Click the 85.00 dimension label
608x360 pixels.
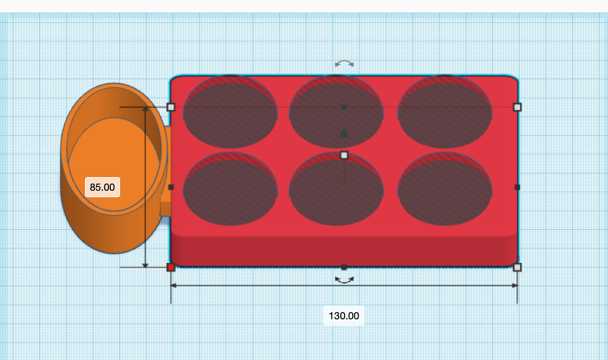point(103,187)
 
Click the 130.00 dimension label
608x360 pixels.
point(344,316)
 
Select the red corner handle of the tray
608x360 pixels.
point(171,267)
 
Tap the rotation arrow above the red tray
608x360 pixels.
point(344,64)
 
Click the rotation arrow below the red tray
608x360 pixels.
point(344,280)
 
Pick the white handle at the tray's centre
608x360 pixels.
point(344,155)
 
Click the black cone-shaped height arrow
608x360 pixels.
point(344,133)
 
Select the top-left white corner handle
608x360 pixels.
point(171,107)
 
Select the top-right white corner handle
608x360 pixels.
point(517,107)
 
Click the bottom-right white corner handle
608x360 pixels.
point(517,267)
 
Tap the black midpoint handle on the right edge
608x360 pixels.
point(517,187)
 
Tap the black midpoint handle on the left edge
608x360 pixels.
point(171,187)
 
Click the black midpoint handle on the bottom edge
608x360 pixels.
point(344,267)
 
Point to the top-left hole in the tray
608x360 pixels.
point(230,114)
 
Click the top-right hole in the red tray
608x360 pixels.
point(445,114)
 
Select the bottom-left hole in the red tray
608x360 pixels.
point(230,191)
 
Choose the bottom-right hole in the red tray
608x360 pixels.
point(445,191)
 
